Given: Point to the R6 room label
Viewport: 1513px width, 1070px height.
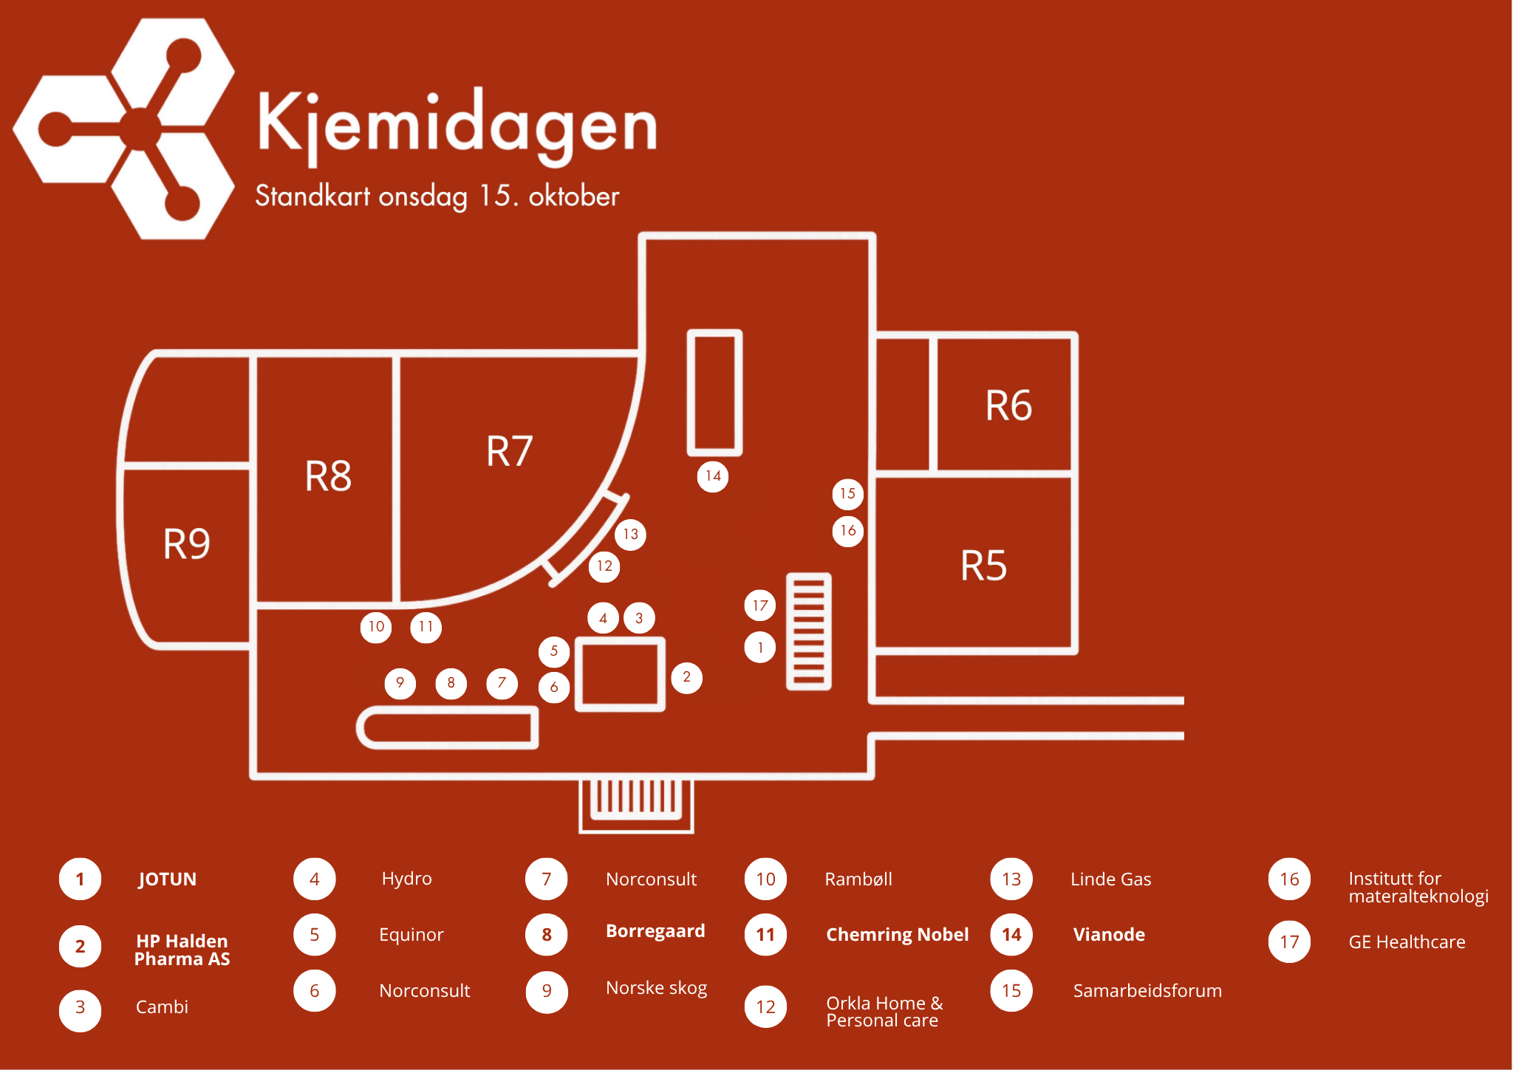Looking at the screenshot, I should tap(1008, 405).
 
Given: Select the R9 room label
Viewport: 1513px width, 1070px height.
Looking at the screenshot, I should tap(186, 544).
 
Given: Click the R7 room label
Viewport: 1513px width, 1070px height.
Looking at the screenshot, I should tap(509, 451).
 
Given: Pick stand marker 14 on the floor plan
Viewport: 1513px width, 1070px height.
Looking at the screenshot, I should tap(713, 476).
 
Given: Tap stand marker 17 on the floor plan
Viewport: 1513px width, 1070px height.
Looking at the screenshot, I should tap(760, 606).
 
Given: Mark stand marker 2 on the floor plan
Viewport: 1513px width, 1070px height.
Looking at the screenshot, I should tap(686, 677).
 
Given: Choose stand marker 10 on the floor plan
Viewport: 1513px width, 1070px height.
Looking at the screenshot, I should tap(376, 627).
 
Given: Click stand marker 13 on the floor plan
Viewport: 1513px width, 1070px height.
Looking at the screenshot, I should tap(630, 534).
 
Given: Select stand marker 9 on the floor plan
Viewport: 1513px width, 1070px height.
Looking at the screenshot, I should tap(400, 683).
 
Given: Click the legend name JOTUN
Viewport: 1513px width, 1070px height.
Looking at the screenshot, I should tap(168, 879).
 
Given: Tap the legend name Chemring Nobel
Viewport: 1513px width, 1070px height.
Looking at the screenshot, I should tap(897, 935).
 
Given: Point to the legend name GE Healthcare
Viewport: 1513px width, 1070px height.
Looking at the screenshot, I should tap(1407, 942).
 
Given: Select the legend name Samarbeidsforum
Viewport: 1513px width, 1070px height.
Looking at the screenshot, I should tap(1147, 991).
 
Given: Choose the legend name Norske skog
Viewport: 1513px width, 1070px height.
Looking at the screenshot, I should tap(656, 988).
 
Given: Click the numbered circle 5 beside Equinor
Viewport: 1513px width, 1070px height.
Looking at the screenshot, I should tap(315, 935).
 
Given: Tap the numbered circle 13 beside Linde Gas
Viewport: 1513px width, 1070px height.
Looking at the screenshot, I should tap(1011, 879).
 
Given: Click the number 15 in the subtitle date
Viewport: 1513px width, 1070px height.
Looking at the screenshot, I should tap(494, 196).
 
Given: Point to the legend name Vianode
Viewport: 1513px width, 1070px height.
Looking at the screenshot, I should tap(1109, 935).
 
